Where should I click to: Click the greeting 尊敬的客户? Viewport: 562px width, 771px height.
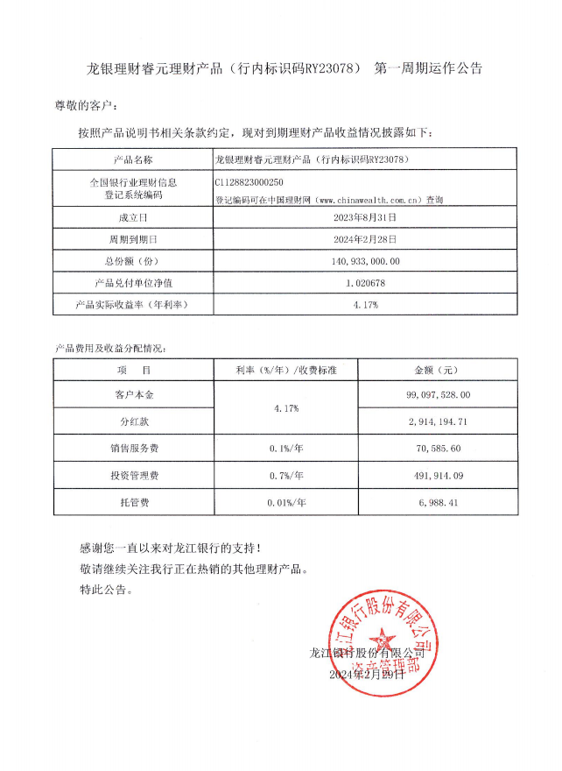(x=85, y=106)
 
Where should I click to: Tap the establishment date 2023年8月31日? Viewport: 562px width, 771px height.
(x=366, y=216)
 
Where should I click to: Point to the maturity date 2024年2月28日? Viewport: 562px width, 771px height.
(x=366, y=238)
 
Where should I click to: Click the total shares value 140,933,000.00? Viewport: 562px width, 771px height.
(x=366, y=261)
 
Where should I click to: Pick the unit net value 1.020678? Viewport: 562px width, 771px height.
(x=366, y=283)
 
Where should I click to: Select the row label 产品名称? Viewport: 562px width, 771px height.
(x=133, y=159)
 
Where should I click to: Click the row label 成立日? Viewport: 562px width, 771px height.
(x=133, y=216)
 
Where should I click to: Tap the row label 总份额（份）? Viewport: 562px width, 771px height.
(x=133, y=261)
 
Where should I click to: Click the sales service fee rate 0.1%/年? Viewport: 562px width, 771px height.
(x=285, y=449)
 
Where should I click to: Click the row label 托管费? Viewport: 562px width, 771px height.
(x=133, y=503)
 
